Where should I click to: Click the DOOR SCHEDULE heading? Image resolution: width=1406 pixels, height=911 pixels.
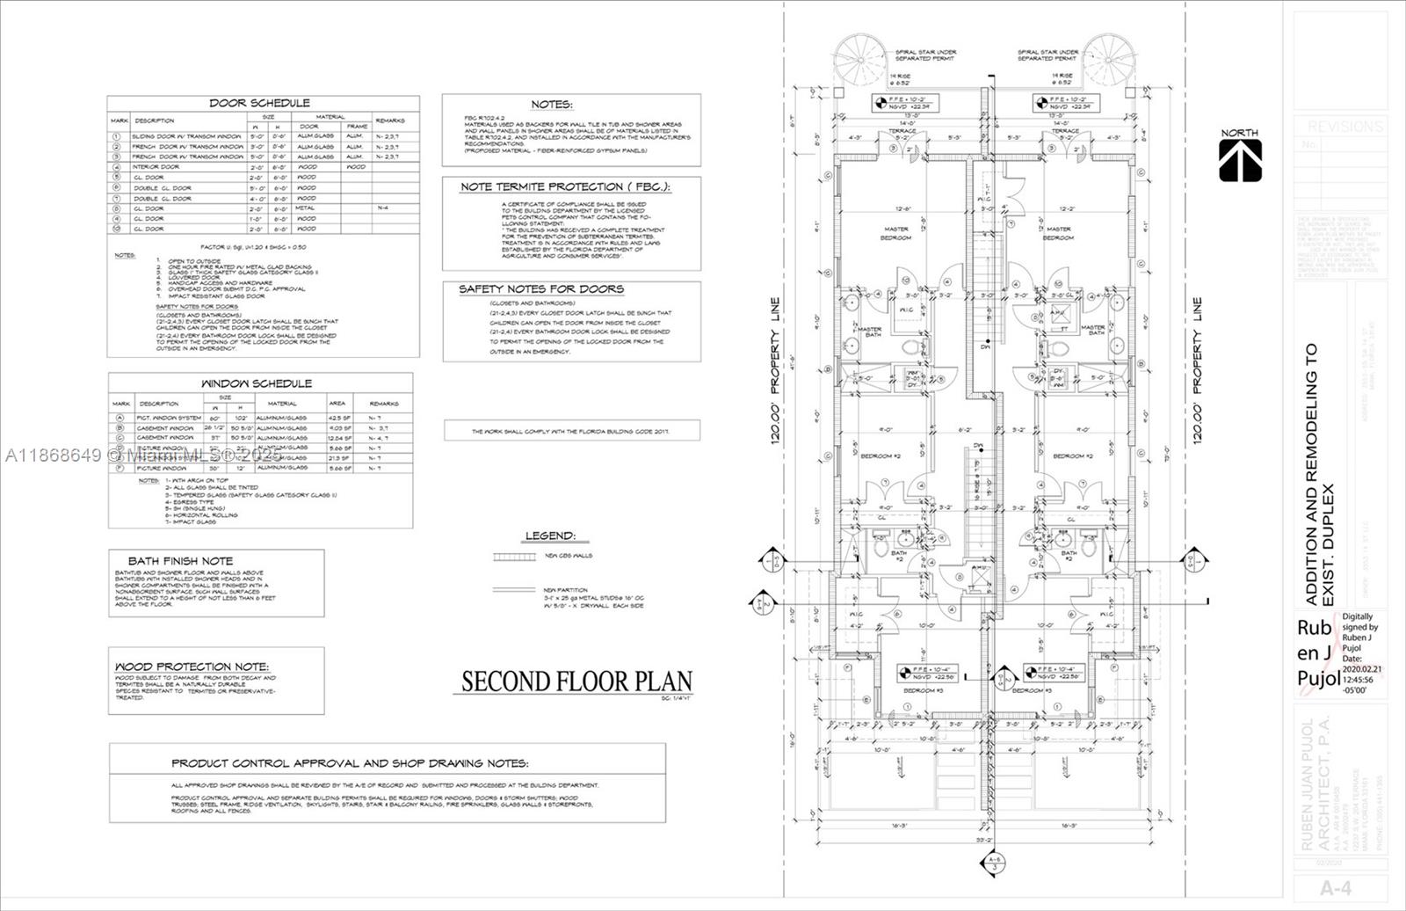tap(259, 103)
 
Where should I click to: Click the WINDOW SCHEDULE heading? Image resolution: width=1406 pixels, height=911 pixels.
tap(257, 383)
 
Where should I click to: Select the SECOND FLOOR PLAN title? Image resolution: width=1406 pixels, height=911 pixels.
tap(577, 681)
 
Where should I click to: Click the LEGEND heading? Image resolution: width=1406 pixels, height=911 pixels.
tap(550, 536)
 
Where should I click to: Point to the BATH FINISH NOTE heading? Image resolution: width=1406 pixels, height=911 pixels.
tap(180, 560)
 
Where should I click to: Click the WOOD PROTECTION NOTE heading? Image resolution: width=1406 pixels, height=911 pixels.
tap(192, 667)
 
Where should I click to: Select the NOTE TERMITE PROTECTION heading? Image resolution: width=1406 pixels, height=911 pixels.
tap(565, 187)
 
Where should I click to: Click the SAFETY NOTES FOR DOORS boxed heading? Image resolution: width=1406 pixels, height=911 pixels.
tap(541, 288)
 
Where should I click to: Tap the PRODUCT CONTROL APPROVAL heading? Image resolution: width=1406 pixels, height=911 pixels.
tap(350, 763)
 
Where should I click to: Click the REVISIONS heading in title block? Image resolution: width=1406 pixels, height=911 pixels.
tap(1344, 127)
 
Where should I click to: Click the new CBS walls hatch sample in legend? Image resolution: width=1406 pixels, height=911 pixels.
tap(506, 558)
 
